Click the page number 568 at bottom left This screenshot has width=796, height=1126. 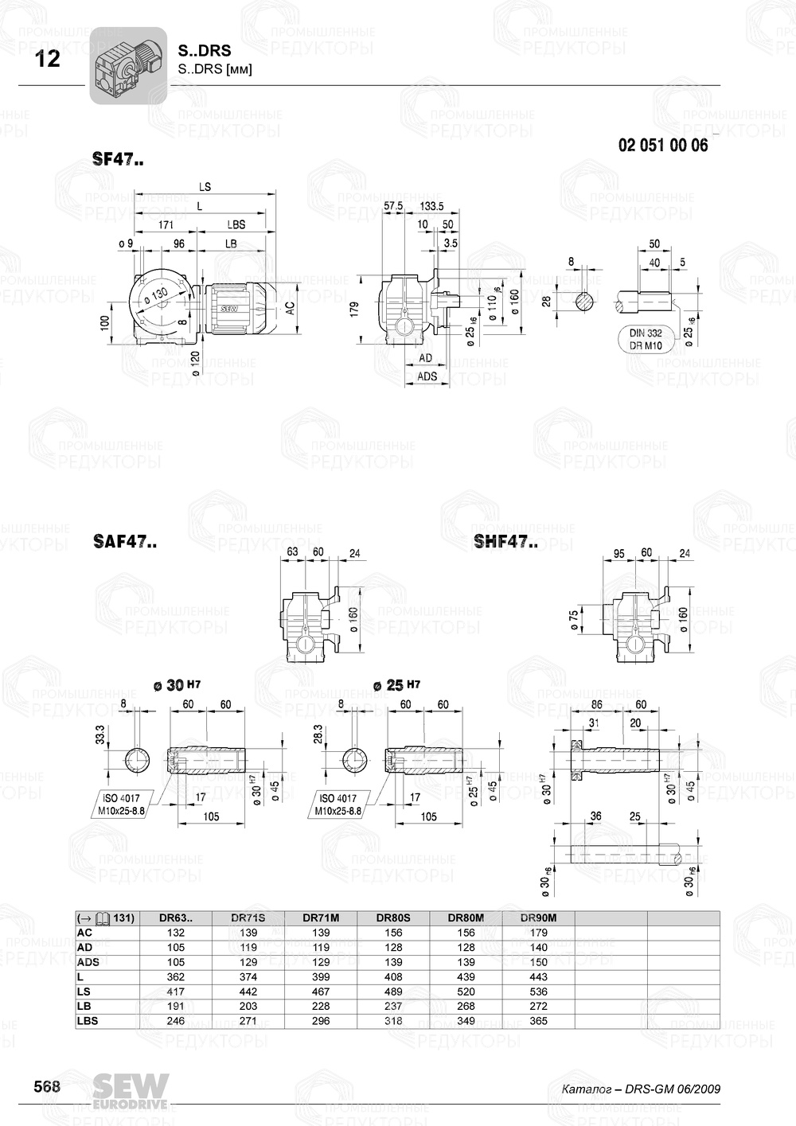tap(46, 1086)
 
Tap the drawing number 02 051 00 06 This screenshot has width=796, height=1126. tap(662, 146)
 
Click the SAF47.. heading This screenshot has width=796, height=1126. tap(124, 542)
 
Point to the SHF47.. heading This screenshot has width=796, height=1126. tap(505, 542)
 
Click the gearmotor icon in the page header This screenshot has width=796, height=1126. tap(127, 65)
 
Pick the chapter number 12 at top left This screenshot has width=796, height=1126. tap(48, 60)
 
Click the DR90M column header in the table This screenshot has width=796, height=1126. tap(538, 918)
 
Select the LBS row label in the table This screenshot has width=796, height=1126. tap(88, 1021)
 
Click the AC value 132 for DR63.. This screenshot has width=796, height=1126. tap(176, 933)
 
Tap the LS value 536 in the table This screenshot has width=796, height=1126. tap(538, 992)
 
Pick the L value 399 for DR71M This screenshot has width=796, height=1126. tap(321, 977)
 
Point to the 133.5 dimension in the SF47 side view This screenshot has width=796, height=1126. tap(431, 206)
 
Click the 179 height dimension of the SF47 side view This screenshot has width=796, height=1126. tap(355, 309)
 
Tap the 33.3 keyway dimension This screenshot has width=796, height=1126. tap(100, 735)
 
